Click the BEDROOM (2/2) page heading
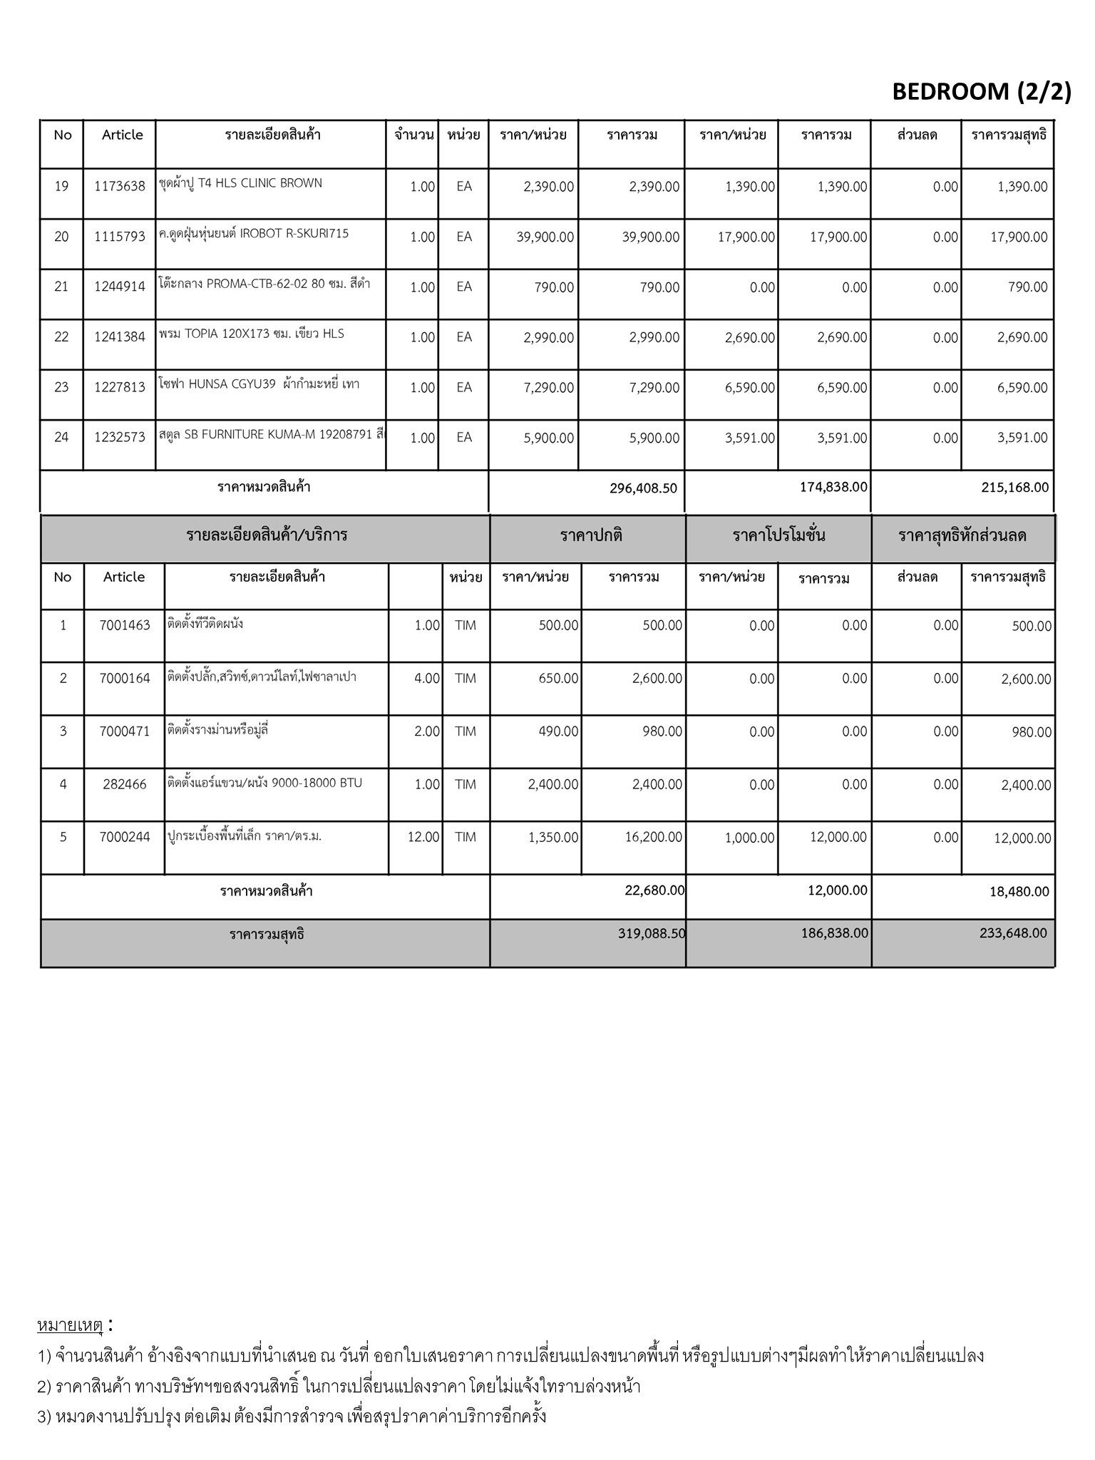tap(981, 92)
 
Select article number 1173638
tap(119, 187)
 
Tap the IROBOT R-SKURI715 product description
tap(254, 234)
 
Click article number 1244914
tap(119, 287)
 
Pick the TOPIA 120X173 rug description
tap(251, 334)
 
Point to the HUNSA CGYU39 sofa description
tap(259, 384)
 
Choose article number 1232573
tap(119, 438)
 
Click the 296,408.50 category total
tap(643, 488)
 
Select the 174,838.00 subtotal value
tap(833, 487)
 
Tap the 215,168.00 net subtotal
tap(1015, 488)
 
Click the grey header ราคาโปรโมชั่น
tap(778, 536)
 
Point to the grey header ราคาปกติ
tap(591, 536)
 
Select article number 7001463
tap(125, 625)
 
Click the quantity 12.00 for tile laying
tap(423, 837)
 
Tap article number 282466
tap(125, 784)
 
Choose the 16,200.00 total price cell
tap(653, 837)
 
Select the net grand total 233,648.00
tap(1013, 933)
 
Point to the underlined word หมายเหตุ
tap(70, 1325)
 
